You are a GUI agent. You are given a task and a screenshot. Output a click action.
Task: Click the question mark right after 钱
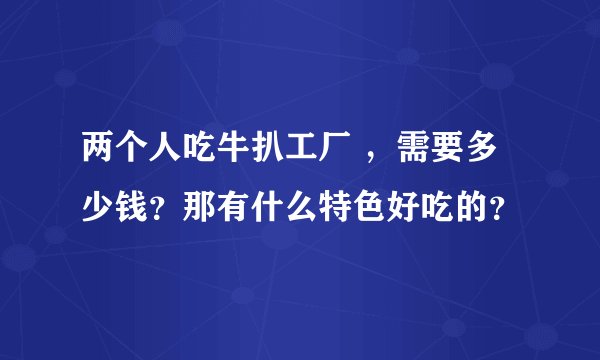[x=161, y=208]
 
